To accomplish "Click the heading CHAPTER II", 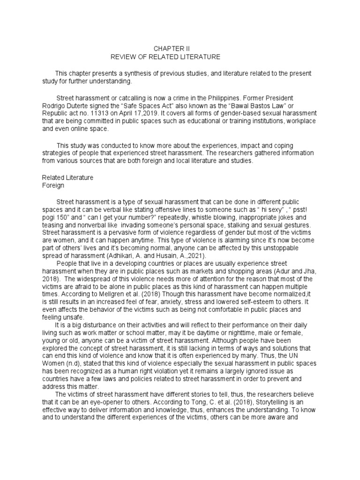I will coord(172,48).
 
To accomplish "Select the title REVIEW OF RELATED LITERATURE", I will coord(165,57).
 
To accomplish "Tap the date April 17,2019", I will coord(139,114).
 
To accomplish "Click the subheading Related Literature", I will coord(67,178).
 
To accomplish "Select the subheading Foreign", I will coord(53,186).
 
